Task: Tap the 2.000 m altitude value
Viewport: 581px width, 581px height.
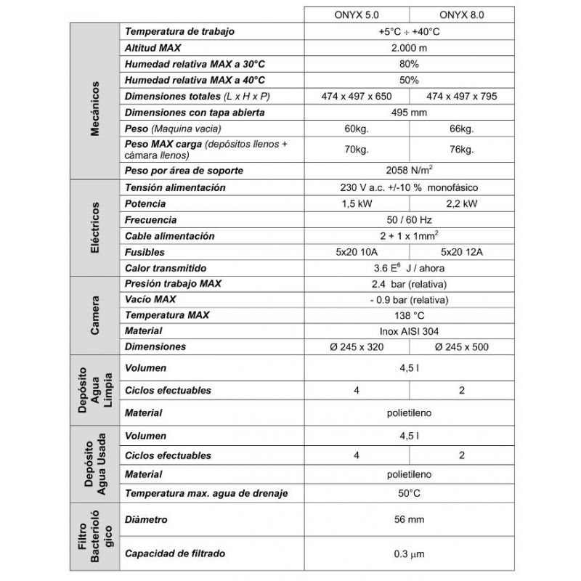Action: coord(409,47)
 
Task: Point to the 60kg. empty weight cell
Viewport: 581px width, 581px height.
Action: coord(357,129)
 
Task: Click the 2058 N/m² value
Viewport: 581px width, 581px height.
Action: coord(409,171)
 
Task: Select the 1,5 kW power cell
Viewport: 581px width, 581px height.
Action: coord(357,203)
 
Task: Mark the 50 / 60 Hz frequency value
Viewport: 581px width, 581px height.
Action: coord(409,219)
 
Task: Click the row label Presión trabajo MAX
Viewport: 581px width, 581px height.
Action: coord(173,283)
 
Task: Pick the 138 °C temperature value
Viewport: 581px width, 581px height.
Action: coord(409,315)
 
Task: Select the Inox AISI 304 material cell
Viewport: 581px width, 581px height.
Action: coord(409,330)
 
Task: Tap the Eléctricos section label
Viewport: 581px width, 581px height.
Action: coord(95,227)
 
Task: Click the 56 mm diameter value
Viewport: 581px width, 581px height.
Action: coord(409,519)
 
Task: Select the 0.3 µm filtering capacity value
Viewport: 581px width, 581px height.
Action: coord(409,554)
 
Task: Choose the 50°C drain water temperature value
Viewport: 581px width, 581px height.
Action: coord(409,493)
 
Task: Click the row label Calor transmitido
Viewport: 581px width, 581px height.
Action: coord(166,267)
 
